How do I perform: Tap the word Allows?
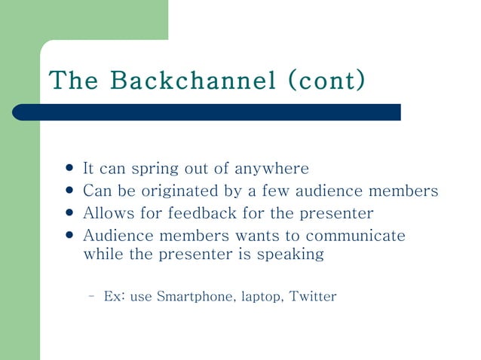click(106, 213)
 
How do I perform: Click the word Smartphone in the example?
click(195, 296)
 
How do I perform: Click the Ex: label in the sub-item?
click(115, 296)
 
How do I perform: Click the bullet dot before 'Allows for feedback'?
click(70, 212)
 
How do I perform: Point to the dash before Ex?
click(90, 296)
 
